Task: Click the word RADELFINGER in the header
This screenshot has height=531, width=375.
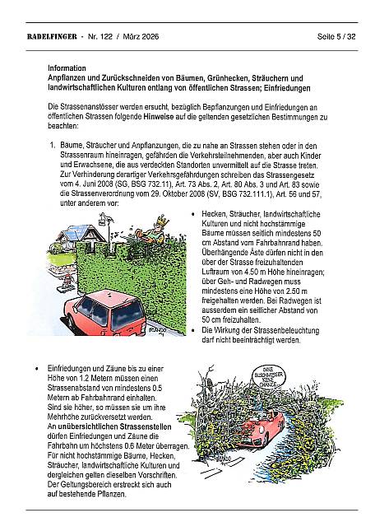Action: [52, 36]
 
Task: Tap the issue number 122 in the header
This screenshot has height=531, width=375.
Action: [106, 36]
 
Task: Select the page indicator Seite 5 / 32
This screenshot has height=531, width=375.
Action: [336, 36]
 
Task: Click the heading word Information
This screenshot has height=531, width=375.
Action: [67, 68]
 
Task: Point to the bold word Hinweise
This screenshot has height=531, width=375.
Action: [159, 117]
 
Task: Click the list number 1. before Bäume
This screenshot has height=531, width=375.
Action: [53, 146]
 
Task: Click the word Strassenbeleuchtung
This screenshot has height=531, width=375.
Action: [289, 330]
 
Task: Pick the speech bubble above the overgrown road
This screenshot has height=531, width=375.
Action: [269, 375]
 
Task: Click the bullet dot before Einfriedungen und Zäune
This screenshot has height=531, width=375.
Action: [36, 368]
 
